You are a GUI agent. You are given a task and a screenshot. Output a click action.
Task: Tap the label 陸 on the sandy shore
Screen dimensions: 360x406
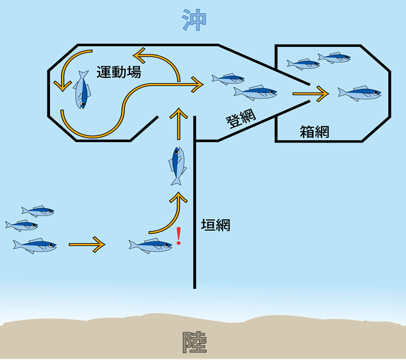pyautogui.click(x=194, y=341)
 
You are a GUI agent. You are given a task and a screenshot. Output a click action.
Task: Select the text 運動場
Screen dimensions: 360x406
pyautogui.click(x=118, y=72)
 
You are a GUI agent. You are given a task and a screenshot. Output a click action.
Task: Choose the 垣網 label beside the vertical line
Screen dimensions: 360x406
pyautogui.click(x=216, y=225)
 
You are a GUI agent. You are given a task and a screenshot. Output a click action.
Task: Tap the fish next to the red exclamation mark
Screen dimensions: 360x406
pyautogui.click(x=150, y=246)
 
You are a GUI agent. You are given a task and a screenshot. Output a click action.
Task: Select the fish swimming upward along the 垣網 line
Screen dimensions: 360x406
pyautogui.click(x=176, y=165)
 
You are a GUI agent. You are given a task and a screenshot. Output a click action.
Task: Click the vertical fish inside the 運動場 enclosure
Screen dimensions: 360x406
pyautogui.click(x=82, y=90)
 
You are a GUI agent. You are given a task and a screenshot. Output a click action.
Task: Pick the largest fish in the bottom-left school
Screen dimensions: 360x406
pyautogui.click(x=35, y=245)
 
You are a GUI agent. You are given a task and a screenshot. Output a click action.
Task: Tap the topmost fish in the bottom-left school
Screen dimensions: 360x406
pyautogui.click(x=37, y=211)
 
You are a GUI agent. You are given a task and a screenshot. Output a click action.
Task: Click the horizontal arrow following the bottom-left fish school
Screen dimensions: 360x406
pyautogui.click(x=87, y=245)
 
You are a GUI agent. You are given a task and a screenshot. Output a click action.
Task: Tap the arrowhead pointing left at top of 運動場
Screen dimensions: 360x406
pyautogui.click(x=141, y=57)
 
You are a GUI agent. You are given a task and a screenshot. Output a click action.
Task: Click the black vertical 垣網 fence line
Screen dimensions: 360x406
pyautogui.click(x=196, y=204)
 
